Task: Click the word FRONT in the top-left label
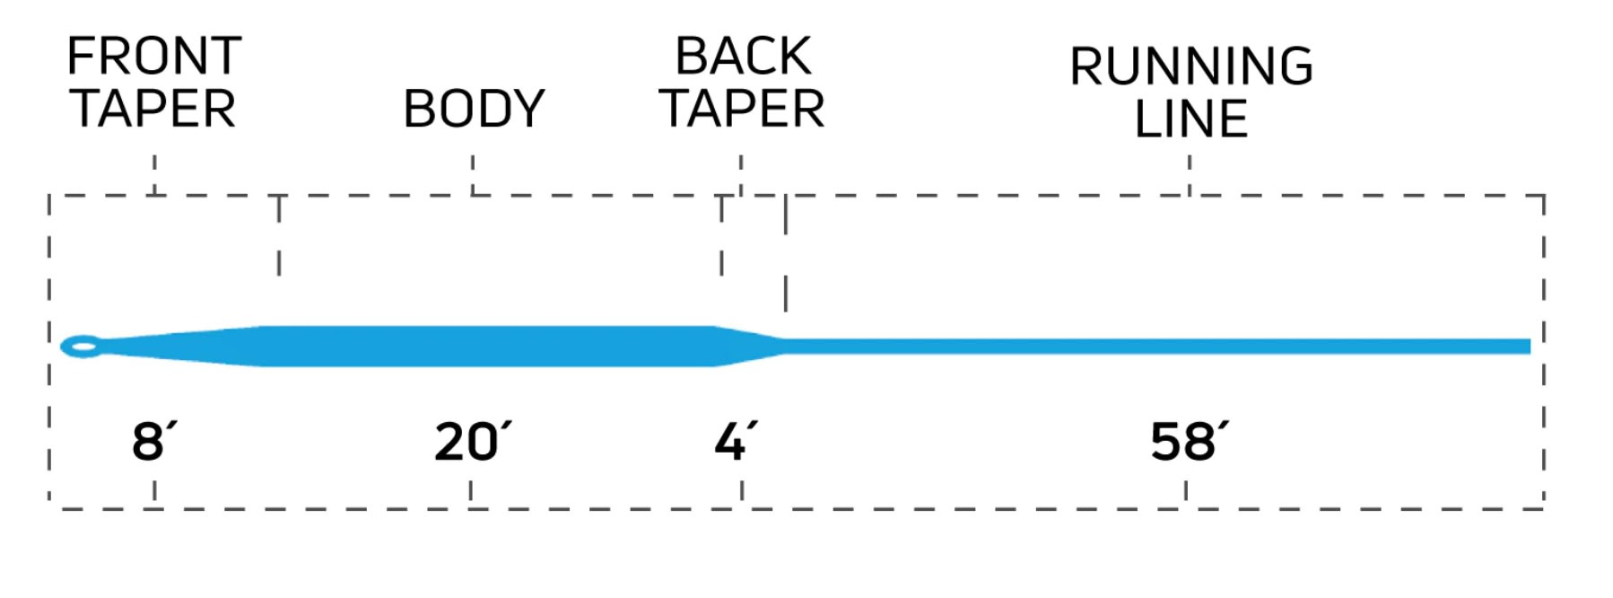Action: pos(153,57)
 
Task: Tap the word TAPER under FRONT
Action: pos(153,110)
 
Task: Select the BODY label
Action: pos(474,110)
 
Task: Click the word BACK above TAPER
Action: pos(743,57)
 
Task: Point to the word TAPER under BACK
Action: pos(742,110)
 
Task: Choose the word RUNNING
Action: pos(1190,66)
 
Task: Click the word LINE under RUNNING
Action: pos(1190,119)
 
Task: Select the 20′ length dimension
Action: pos(471,442)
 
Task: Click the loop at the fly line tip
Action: pos(82,346)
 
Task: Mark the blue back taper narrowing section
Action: pos(749,346)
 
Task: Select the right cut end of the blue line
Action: pos(1528,347)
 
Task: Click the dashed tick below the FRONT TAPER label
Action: pos(155,174)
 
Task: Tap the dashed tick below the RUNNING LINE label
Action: pos(1190,174)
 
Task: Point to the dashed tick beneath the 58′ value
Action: pos(1186,491)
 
